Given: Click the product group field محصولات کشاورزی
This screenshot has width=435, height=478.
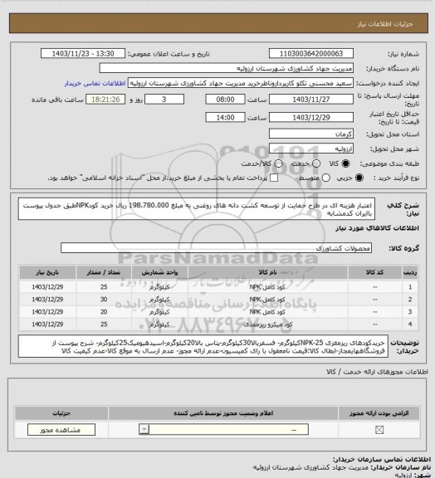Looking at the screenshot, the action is pos(216,248).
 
